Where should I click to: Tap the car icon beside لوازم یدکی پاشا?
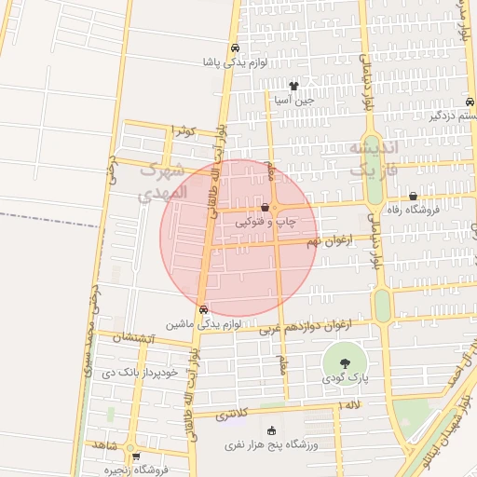235,48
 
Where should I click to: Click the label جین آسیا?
294,98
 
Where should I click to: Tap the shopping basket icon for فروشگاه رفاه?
414,196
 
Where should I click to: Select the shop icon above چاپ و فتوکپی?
266,208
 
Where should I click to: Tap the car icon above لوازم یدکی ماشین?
203,310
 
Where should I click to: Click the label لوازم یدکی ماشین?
204,324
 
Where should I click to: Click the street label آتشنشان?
130,340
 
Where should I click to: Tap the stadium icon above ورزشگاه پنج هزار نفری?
272,431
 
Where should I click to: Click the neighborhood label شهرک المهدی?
166,183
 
